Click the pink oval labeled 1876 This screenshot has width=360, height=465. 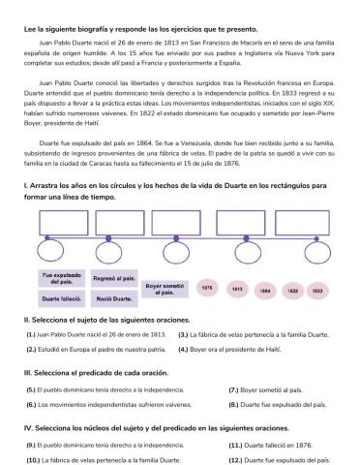tap(206, 288)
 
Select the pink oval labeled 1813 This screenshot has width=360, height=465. tap(235, 288)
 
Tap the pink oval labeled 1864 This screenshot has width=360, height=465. tap(264, 288)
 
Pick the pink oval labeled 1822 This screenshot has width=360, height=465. tap(292, 288)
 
